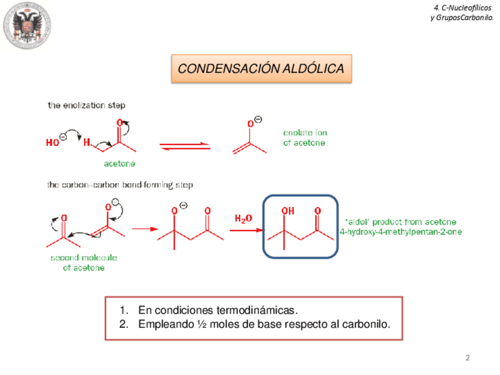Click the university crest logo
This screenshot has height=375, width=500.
click(28, 27)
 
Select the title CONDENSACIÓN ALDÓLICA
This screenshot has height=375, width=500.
click(261, 69)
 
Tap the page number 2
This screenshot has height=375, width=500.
click(468, 358)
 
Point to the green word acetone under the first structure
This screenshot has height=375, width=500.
click(120, 163)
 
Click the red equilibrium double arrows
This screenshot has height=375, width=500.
click(185, 146)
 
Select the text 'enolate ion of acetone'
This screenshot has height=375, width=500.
click(304, 138)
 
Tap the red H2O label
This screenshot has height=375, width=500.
click(244, 218)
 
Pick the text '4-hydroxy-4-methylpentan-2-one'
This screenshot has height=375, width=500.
click(401, 232)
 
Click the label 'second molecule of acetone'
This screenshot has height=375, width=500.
click(84, 263)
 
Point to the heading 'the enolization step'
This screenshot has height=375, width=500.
click(86, 106)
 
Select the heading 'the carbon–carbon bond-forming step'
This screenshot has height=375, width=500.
click(120, 185)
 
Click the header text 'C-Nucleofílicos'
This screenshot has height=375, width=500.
click(462, 8)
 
